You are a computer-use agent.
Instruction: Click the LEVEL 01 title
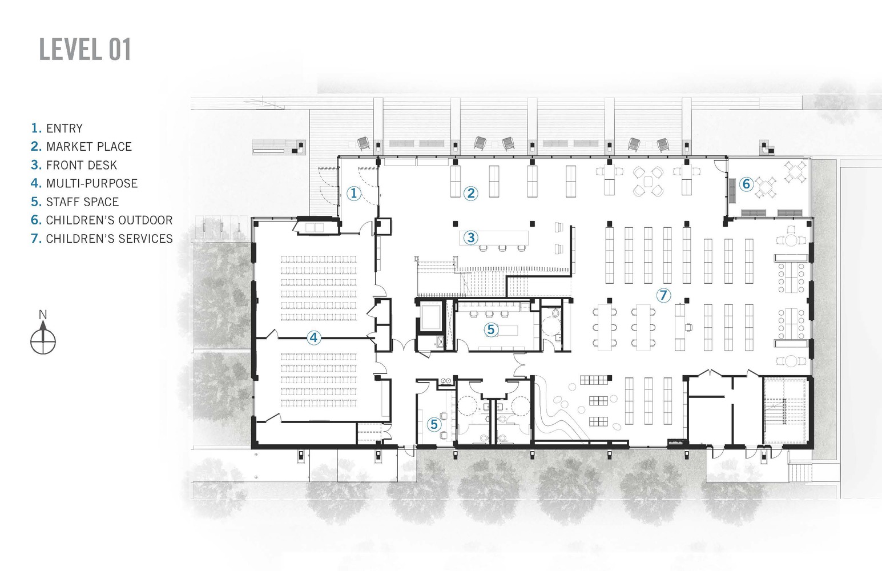tap(85, 49)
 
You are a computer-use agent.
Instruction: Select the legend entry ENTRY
tap(57, 128)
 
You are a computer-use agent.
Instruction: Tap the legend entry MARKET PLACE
tap(82, 147)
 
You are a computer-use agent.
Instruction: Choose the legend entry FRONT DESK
tap(74, 165)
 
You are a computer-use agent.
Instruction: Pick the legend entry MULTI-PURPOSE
tap(84, 183)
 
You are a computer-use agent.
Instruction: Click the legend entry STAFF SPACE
tap(75, 202)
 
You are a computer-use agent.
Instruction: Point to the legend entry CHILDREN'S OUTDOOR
tap(102, 220)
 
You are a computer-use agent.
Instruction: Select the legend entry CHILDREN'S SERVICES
tap(102, 239)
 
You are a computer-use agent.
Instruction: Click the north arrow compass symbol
tap(43, 341)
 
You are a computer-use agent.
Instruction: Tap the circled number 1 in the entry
tap(354, 194)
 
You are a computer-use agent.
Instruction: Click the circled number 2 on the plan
tap(470, 194)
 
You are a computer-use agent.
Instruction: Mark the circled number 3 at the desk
tap(470, 238)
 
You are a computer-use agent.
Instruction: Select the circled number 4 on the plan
tap(313, 337)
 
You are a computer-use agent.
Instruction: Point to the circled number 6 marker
tap(746, 184)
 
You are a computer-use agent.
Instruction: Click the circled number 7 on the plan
tap(663, 295)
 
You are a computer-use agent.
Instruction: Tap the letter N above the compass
tap(43, 315)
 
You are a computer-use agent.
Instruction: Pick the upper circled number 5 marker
tap(490, 329)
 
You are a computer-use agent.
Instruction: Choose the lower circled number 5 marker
tap(434, 424)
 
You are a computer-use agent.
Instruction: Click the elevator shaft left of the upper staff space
tap(431, 317)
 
